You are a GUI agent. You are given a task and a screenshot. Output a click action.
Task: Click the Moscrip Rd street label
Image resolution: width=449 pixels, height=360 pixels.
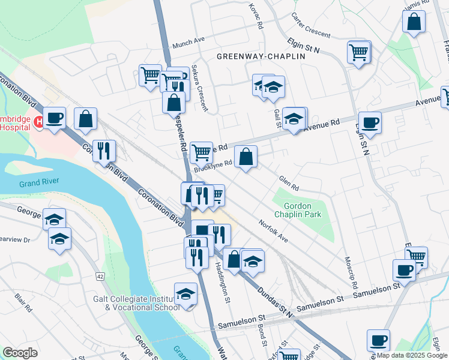[x=351, y=272]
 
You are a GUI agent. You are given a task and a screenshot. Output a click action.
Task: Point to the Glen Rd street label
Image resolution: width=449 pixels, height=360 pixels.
[x=289, y=181]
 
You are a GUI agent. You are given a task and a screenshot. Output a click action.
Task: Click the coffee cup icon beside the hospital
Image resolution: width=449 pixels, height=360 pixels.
[x=55, y=117]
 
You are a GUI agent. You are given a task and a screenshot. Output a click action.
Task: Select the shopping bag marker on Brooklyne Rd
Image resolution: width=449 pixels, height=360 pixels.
[x=246, y=158]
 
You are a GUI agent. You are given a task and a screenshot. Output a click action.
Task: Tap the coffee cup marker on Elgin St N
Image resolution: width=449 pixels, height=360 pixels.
[x=369, y=122]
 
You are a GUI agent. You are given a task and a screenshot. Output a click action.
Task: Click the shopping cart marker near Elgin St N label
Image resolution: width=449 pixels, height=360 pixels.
[x=359, y=52]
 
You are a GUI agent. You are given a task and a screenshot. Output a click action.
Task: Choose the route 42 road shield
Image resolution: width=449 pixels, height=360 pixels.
[x=100, y=276]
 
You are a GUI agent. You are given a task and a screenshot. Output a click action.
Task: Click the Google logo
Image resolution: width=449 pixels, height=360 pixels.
[x=20, y=353]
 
